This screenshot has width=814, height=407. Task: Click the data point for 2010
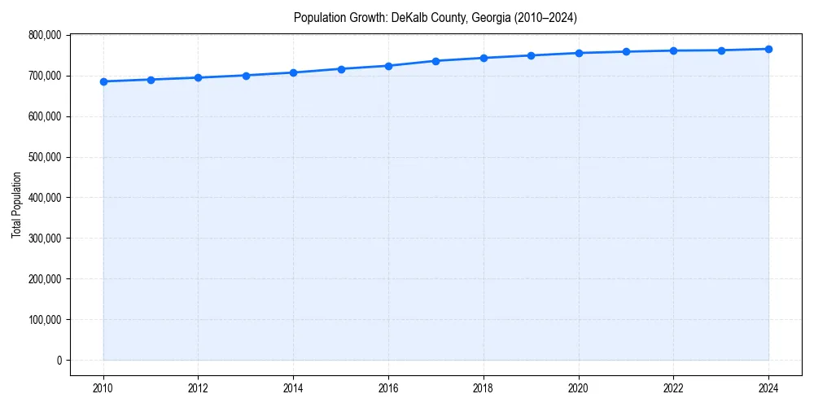click(x=103, y=81)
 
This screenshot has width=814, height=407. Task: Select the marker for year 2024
click(x=768, y=49)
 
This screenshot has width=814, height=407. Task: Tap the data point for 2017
click(x=436, y=61)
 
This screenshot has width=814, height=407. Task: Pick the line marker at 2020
click(x=579, y=53)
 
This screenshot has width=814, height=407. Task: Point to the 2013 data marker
click(x=246, y=76)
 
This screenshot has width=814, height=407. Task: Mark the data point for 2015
click(x=341, y=69)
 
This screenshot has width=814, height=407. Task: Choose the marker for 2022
click(x=674, y=50)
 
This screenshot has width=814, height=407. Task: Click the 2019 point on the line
click(x=531, y=55)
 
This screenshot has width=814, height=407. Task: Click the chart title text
click(x=435, y=18)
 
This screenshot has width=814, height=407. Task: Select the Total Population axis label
click(x=16, y=204)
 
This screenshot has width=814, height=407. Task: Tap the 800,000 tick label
click(x=45, y=35)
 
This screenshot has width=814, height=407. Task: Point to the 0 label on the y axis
click(x=58, y=360)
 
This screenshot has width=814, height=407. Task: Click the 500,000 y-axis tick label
click(x=45, y=157)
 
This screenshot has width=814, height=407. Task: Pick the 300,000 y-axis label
click(x=45, y=239)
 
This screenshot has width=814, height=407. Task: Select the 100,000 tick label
click(x=45, y=319)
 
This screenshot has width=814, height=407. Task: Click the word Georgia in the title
click(x=491, y=18)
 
